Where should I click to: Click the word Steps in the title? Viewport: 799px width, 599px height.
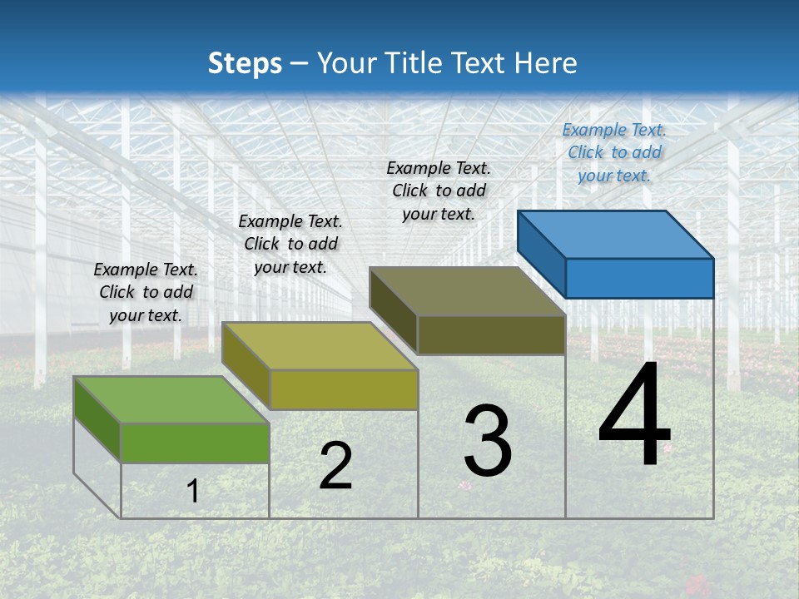click(245, 63)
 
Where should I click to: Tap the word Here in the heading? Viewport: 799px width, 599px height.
click(546, 63)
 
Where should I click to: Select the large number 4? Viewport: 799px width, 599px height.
click(634, 416)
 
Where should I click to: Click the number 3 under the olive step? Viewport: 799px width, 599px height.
click(488, 441)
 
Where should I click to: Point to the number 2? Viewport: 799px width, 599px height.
click(335, 466)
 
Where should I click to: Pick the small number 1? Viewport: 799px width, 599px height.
click(192, 491)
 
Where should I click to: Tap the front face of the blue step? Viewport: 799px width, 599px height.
click(639, 278)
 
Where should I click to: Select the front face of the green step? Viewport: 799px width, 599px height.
click(195, 443)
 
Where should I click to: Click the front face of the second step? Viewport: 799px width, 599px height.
click(343, 389)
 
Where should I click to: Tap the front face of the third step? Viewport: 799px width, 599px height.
click(491, 334)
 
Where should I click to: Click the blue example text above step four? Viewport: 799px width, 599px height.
click(614, 152)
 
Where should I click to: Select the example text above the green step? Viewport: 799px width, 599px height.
click(146, 292)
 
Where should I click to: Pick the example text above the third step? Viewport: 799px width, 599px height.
click(439, 191)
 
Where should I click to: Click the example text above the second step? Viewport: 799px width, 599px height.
click(290, 244)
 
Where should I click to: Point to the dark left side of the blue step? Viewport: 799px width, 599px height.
click(541, 255)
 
